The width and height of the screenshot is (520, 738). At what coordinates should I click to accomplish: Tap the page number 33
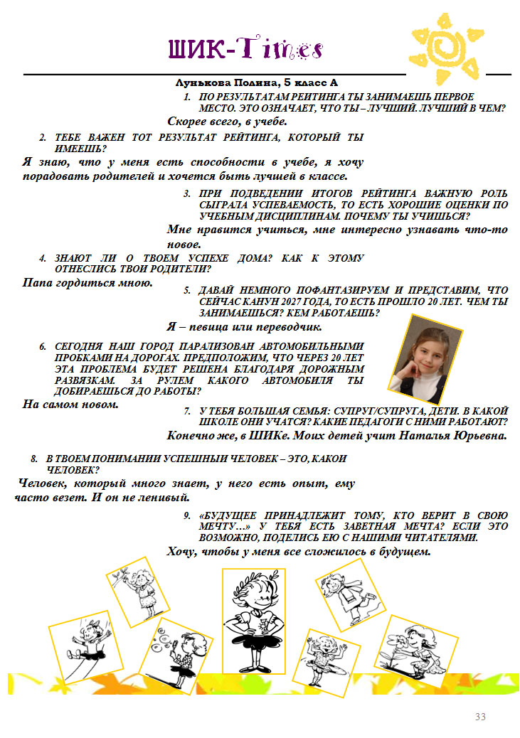point(480,717)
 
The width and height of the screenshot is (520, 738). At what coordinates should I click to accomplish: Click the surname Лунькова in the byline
point(197,83)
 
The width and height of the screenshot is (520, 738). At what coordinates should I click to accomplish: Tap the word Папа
point(37,283)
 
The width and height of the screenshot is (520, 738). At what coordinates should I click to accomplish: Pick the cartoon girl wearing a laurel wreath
point(254,621)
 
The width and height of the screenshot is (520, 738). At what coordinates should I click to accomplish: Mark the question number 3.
point(187,194)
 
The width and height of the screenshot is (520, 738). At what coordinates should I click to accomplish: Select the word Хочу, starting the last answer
point(181,552)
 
